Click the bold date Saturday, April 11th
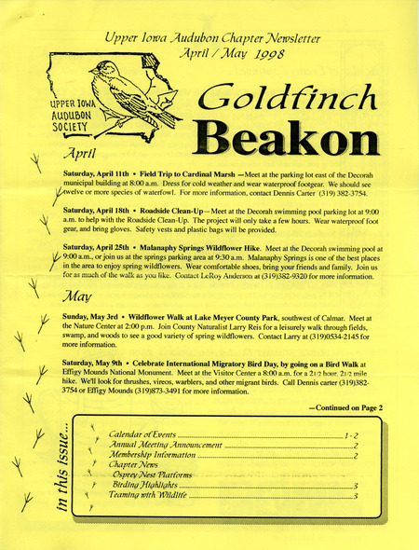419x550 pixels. coord(97,174)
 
